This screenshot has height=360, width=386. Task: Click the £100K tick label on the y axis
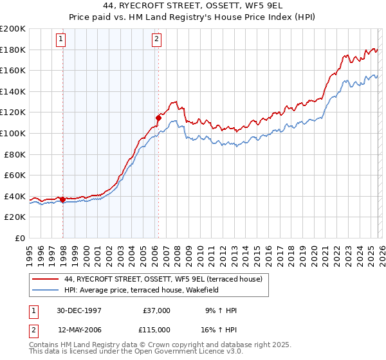pyautogui.click(x=13, y=133)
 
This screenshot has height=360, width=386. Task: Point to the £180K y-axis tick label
pyautogui.click(x=13, y=50)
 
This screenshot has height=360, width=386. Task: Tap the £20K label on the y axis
pyautogui.click(x=15, y=217)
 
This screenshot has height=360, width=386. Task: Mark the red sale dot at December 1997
pyautogui.click(x=63, y=199)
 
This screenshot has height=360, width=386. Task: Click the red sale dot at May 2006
pyautogui.click(x=158, y=118)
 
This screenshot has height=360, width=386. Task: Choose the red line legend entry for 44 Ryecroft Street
pyautogui.click(x=163, y=280)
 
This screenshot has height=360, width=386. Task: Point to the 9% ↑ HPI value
pyautogui.click(x=221, y=310)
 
